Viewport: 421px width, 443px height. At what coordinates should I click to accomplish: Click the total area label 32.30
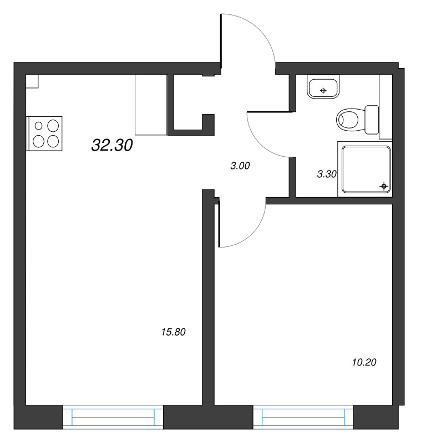(112, 146)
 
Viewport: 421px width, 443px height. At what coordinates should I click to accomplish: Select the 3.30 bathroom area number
(327, 174)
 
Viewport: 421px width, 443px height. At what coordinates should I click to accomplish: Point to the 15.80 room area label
(173, 332)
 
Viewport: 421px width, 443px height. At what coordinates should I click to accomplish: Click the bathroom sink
(323, 88)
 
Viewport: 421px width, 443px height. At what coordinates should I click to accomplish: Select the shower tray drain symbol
(383, 186)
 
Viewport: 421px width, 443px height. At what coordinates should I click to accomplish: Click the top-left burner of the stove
(39, 126)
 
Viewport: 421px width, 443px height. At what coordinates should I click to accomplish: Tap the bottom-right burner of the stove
(53, 141)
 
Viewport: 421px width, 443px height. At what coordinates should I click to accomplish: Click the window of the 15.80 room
(113, 416)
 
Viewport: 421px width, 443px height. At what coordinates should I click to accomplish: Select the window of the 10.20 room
(303, 416)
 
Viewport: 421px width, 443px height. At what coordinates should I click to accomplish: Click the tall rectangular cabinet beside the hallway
(151, 105)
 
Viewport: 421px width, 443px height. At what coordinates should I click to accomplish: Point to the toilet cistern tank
(372, 119)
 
